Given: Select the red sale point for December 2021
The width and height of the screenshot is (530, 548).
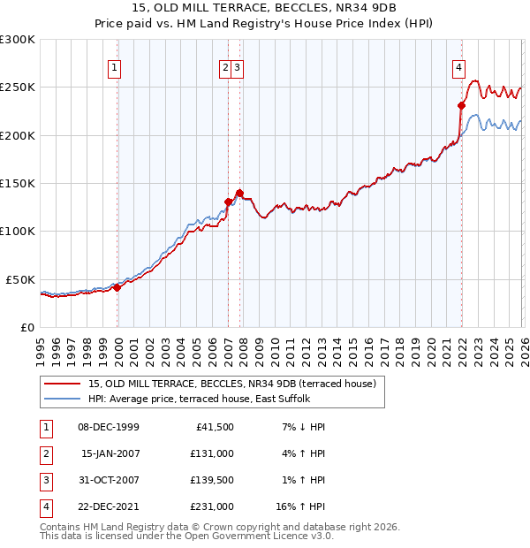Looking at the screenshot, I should pyautogui.click(x=461, y=105).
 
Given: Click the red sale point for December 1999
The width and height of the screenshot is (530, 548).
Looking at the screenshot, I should pyautogui.click(x=117, y=287).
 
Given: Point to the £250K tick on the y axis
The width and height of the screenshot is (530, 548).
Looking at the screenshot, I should pyautogui.click(x=19, y=88).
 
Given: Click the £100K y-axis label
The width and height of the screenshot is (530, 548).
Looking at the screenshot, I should pyautogui.click(x=19, y=231).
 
